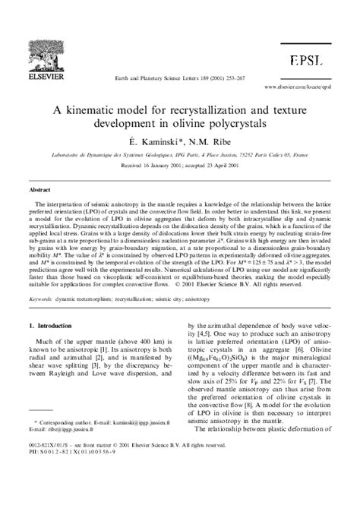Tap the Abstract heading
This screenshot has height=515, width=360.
(x=39, y=189)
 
